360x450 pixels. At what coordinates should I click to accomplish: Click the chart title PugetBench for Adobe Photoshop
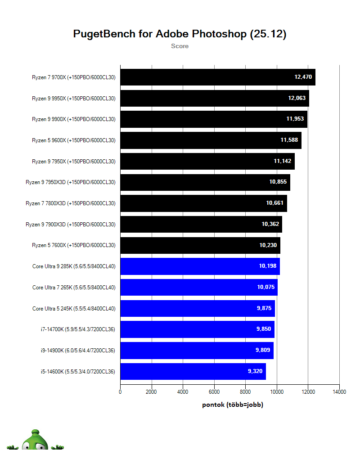pos(180,34)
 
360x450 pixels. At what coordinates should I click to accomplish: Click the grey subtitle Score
pos(180,46)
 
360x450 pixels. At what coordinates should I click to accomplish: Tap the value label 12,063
pos(297,98)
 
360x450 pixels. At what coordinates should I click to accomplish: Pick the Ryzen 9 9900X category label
pos(74,119)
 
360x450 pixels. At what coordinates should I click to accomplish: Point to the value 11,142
pos(283,161)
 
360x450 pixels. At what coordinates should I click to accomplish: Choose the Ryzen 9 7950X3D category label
pos(71,182)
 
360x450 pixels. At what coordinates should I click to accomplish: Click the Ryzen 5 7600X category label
pos(74,245)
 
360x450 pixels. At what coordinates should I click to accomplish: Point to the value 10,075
pos(266,287)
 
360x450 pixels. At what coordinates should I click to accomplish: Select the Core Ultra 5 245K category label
pos(74,308)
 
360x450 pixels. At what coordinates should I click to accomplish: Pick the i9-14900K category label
pos(77,350)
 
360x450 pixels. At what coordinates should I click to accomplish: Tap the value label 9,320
pos(254,371)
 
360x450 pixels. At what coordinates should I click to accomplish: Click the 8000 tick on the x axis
pos(245,392)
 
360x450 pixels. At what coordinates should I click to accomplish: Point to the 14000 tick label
pos(339,392)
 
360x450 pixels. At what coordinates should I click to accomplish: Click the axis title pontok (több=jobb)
pos(233,405)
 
